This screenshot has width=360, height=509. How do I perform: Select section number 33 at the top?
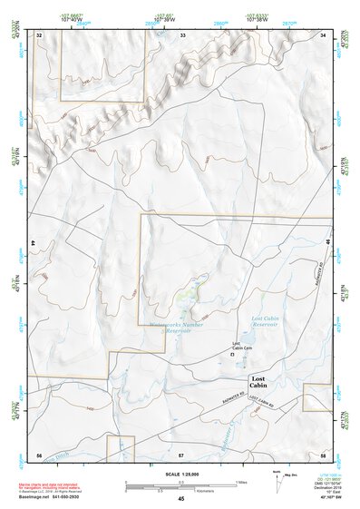pos(182,35)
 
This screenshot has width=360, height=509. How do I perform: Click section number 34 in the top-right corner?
pos(325,35)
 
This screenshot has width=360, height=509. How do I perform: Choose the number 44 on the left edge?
pos(34,245)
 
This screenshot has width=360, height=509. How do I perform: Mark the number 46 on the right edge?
pos(327,240)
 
